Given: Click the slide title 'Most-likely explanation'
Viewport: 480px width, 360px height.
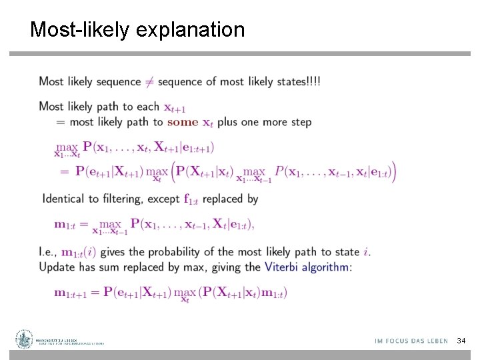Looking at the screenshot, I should (x=137, y=30).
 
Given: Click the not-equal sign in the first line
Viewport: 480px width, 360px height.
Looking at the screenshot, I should (x=149, y=82).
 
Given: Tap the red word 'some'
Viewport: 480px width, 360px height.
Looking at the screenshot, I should (x=183, y=122).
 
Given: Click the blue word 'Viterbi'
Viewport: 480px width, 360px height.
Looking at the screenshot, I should (x=281, y=267).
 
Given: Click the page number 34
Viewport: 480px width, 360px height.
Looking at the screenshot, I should (x=461, y=341).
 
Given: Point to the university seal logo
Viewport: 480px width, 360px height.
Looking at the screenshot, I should (x=25, y=339).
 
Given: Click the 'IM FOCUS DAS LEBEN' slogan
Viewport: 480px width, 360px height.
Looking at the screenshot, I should (x=411, y=341).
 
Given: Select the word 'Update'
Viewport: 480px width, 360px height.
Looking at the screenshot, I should (x=57, y=267).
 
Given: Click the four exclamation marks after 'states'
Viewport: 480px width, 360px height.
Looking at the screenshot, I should (x=313, y=81).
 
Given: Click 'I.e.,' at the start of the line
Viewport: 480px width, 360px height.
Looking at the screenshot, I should (x=48, y=252).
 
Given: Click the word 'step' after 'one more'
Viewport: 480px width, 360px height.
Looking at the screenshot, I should (x=299, y=122).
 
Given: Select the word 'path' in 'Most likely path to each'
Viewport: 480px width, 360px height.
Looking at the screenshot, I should (x=108, y=107).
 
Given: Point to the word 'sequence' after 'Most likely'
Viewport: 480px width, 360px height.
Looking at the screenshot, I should (x=119, y=82).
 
